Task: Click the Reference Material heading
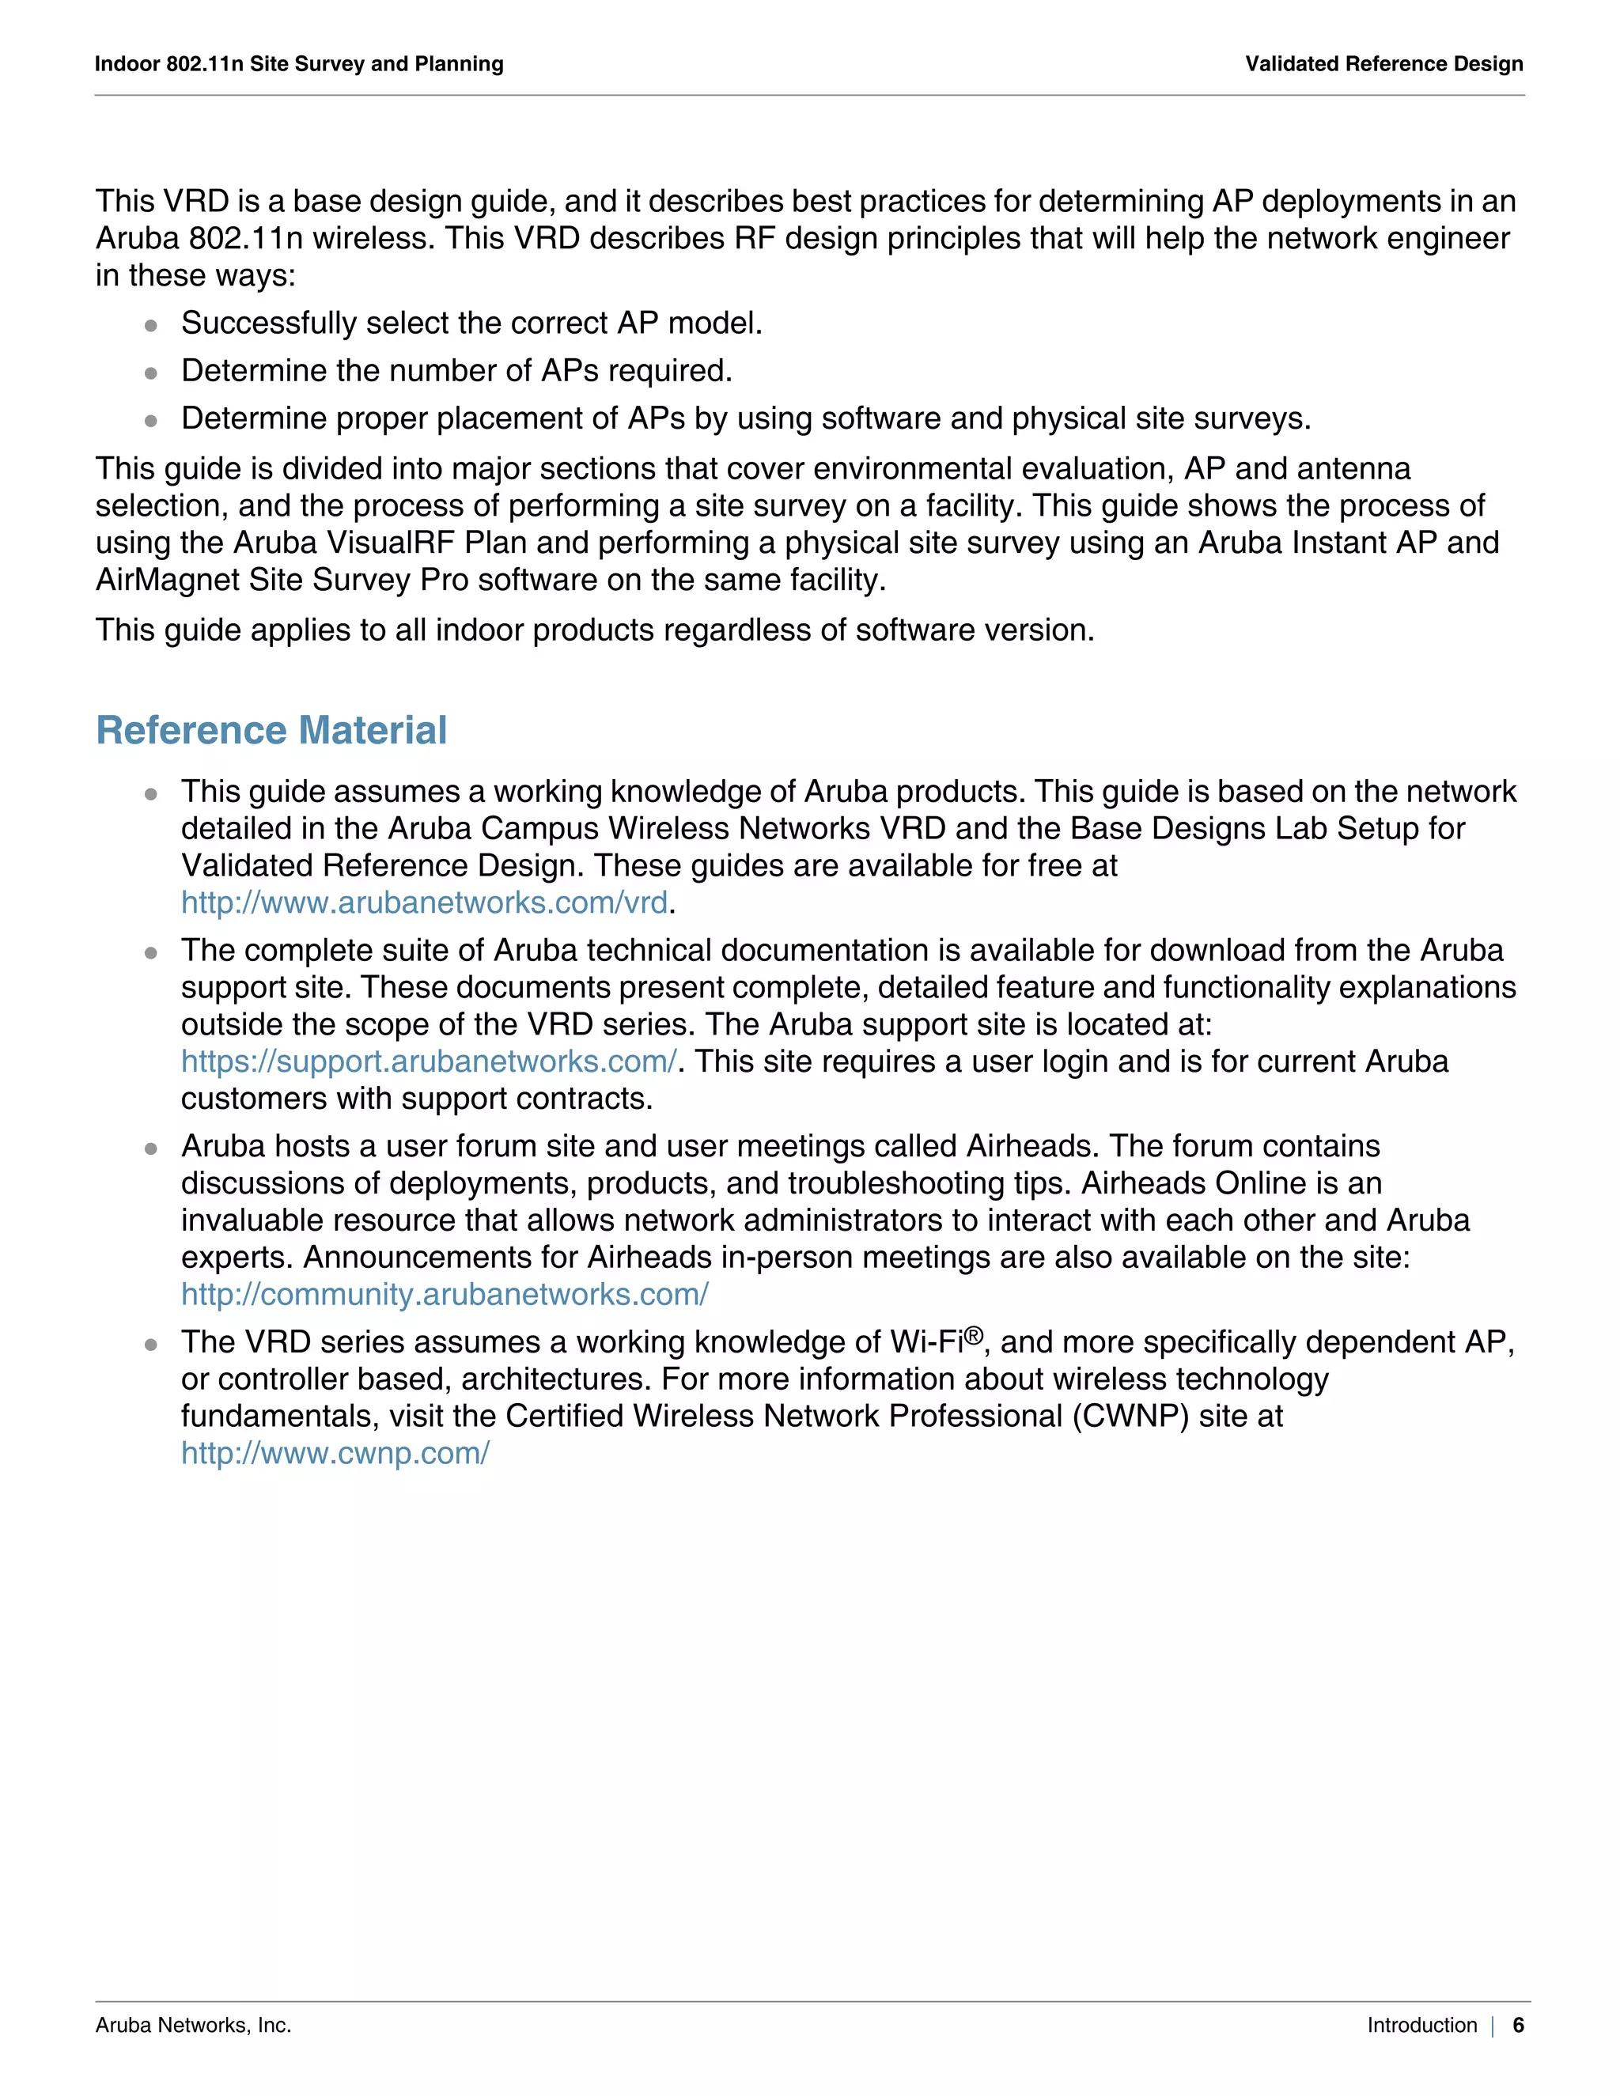click(x=271, y=730)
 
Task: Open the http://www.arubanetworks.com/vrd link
click(x=424, y=903)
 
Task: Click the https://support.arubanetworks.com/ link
click(x=429, y=1061)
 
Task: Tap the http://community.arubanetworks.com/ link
click(x=445, y=1295)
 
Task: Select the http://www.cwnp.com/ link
click(x=335, y=1453)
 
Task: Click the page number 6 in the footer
click(x=1518, y=2025)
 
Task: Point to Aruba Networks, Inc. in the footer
click(x=193, y=2025)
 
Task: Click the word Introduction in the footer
click(x=1421, y=2025)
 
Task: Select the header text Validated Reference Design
click(x=1384, y=64)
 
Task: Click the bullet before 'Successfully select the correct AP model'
click(x=150, y=325)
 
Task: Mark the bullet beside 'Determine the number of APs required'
click(x=150, y=373)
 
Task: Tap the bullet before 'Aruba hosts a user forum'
click(x=150, y=1148)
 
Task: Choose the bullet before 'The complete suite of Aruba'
click(x=150, y=953)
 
